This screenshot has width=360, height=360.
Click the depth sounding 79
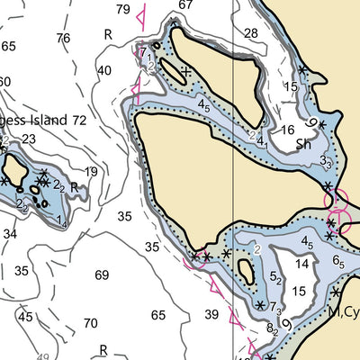point(123,10)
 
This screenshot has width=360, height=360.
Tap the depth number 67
point(185,4)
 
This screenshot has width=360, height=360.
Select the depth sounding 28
point(250,33)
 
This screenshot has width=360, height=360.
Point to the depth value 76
point(62,38)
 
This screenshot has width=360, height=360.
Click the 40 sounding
point(104,71)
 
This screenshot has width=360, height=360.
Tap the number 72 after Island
point(79,120)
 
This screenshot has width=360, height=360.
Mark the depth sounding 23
point(29,139)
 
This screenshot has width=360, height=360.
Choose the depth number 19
point(91,172)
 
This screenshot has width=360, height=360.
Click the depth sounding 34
point(10,234)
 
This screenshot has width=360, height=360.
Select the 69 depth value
point(102,274)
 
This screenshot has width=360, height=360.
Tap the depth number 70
point(90,323)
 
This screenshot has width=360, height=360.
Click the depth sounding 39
point(211,314)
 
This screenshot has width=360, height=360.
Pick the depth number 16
point(287,130)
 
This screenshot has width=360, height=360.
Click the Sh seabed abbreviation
point(304,143)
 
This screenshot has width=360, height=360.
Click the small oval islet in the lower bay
point(245,270)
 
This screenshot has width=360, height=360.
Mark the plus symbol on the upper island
point(185,71)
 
